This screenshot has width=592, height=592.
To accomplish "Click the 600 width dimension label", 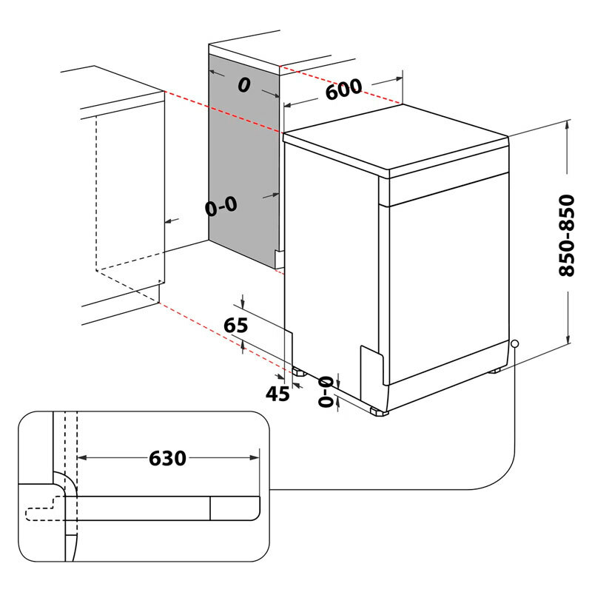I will click(x=343, y=90).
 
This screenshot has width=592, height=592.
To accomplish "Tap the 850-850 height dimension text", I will click(x=567, y=235).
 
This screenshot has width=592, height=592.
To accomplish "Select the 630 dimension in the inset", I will click(x=167, y=458).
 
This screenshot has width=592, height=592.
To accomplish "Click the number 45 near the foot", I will click(x=277, y=394).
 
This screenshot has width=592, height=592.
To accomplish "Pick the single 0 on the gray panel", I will click(x=243, y=85).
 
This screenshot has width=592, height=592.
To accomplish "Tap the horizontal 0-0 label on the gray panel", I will click(x=221, y=206).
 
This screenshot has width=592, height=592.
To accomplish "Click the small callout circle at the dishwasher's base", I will click(x=514, y=344).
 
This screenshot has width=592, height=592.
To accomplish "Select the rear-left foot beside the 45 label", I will click(x=298, y=372).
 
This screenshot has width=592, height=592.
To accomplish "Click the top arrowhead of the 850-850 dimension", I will click(x=568, y=127).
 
